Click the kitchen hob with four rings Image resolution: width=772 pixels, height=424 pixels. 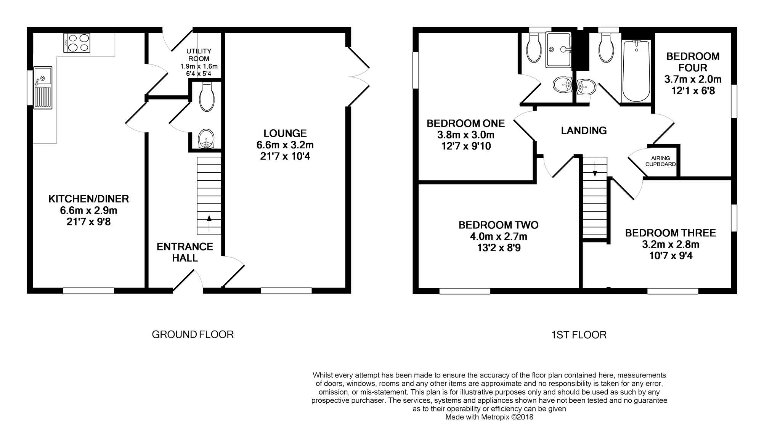point(77,42)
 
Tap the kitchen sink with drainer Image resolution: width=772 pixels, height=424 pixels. point(43,87)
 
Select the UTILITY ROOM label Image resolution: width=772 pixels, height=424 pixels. point(199,55)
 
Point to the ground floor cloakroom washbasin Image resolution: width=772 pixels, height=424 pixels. point(207,139)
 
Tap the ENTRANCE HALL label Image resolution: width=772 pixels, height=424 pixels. point(185,252)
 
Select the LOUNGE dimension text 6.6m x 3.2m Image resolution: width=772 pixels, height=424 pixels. point(285,145)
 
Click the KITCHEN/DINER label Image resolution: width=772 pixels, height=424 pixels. point(88,199)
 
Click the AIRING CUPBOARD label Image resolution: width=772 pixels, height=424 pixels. point(661,161)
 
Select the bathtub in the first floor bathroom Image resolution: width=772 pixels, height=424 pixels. point(636,71)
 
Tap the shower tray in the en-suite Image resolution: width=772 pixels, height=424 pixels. point(559,50)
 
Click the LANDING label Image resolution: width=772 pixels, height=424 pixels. point(584,131)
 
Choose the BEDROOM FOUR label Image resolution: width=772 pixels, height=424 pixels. point(693,62)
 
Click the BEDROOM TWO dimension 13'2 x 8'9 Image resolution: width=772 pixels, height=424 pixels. point(499,248)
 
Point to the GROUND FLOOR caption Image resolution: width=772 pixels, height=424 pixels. point(193,334)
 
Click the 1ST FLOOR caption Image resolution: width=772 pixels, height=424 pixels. point(579,335)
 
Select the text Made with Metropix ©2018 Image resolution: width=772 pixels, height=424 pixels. point(489,417)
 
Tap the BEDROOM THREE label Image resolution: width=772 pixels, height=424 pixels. point(671,233)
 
